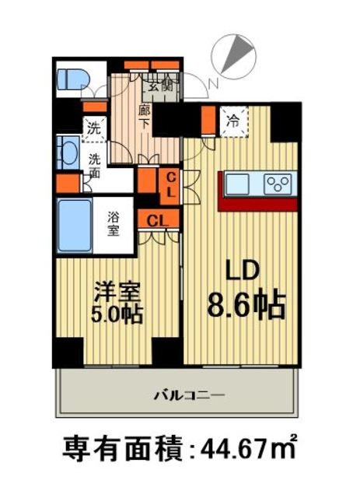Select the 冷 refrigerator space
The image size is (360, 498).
[x=232, y=121]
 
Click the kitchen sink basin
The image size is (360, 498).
[x=238, y=184]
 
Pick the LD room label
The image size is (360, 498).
[x=243, y=272]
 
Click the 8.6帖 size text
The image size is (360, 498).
[x=244, y=303]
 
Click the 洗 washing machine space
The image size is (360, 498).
[x=92, y=127]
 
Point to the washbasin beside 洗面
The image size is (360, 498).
[x=65, y=153]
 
